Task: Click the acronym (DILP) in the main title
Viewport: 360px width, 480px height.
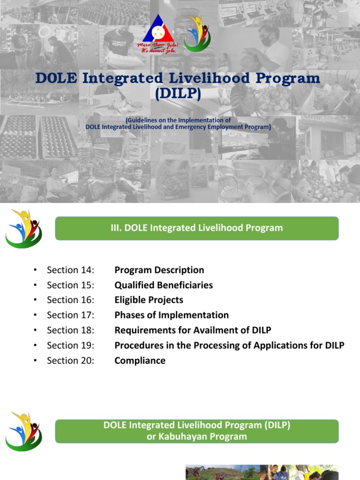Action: click(178, 94)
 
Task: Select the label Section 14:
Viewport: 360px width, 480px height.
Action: click(71, 270)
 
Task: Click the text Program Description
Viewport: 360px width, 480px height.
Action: click(159, 270)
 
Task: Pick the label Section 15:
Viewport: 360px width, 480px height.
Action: click(71, 285)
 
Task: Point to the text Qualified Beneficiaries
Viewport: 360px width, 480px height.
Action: click(164, 285)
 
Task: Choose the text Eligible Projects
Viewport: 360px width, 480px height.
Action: click(149, 300)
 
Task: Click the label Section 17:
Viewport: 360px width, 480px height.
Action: click(71, 315)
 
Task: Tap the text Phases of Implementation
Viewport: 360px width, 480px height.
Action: click(172, 315)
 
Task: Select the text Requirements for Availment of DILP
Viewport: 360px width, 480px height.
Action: click(193, 330)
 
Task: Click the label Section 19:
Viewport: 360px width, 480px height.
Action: click(71, 345)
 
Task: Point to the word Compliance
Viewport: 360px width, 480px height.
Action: click(140, 360)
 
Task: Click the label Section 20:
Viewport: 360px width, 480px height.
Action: click(71, 360)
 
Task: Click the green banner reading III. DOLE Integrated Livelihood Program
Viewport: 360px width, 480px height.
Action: click(197, 228)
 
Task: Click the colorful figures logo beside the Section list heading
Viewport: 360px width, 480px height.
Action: click(24, 229)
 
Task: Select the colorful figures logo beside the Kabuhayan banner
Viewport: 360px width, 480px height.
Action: click(24, 431)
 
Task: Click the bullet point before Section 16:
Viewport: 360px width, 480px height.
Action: click(35, 300)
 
